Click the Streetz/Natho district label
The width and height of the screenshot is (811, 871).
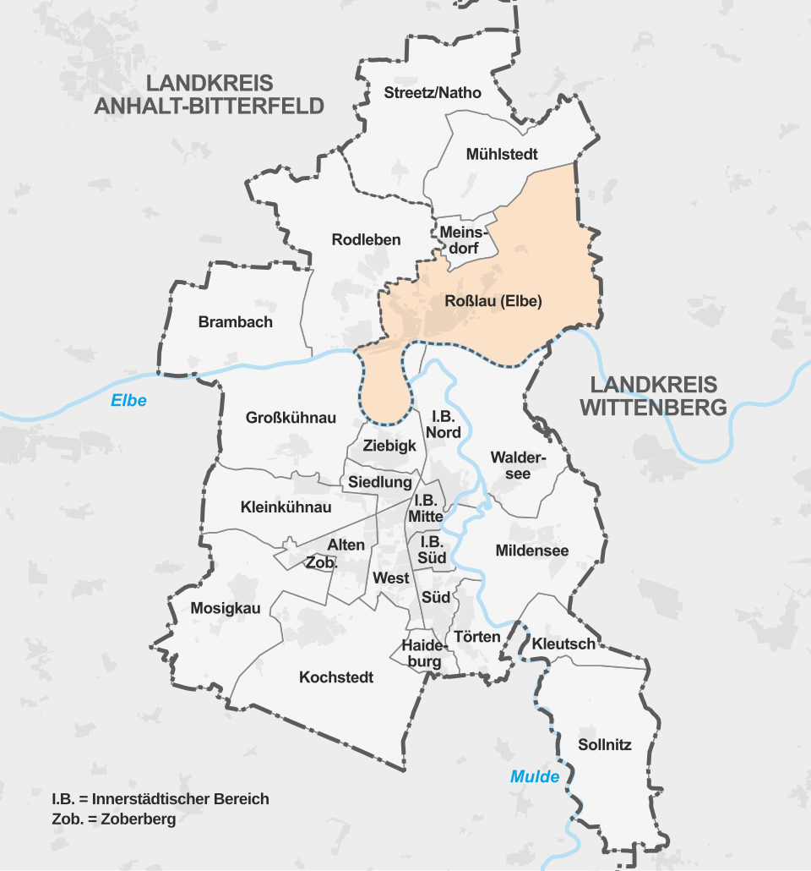(x=433, y=92)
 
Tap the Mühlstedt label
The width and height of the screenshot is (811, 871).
(x=502, y=155)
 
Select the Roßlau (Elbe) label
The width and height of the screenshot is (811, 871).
(x=492, y=301)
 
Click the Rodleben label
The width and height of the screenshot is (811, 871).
(x=366, y=240)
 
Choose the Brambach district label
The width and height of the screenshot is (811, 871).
(x=236, y=322)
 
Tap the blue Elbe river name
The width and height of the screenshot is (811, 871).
(x=128, y=401)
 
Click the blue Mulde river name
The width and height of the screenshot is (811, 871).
(x=535, y=776)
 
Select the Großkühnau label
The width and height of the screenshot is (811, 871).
(x=291, y=418)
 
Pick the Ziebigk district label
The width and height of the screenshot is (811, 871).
(x=389, y=446)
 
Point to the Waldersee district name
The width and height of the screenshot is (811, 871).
(x=518, y=465)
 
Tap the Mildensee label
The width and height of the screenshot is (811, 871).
(x=532, y=551)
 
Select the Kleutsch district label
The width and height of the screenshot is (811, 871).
(x=563, y=644)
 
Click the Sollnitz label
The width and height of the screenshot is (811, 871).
(x=605, y=745)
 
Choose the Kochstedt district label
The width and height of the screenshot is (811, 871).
(x=336, y=677)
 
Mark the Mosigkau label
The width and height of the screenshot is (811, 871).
(x=226, y=608)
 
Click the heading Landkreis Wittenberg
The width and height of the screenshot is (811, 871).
(x=653, y=396)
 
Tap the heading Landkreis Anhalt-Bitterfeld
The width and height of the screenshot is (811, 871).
(x=210, y=95)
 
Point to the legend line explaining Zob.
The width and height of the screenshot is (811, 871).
(x=114, y=819)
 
